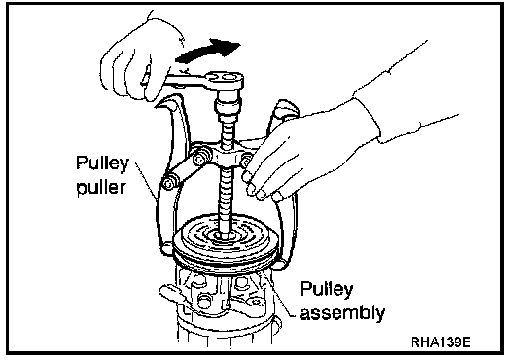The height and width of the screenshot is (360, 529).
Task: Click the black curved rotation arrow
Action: point(206,51)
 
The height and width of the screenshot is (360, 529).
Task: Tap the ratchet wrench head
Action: point(225,81)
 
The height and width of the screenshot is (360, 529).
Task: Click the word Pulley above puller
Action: point(102,162)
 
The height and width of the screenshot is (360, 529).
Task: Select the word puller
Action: point(101,186)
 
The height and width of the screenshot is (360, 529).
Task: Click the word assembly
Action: point(342,312)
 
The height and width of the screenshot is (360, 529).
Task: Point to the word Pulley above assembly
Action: point(327,289)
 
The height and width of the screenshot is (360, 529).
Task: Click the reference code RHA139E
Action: point(441,342)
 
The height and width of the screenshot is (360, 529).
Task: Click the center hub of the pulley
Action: point(224,234)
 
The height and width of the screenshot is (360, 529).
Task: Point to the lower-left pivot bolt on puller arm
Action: point(168,183)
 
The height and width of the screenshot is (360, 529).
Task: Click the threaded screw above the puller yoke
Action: point(227,130)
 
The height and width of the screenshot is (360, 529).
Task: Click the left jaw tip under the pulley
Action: point(167,249)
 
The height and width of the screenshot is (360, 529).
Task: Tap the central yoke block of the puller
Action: point(226,157)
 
